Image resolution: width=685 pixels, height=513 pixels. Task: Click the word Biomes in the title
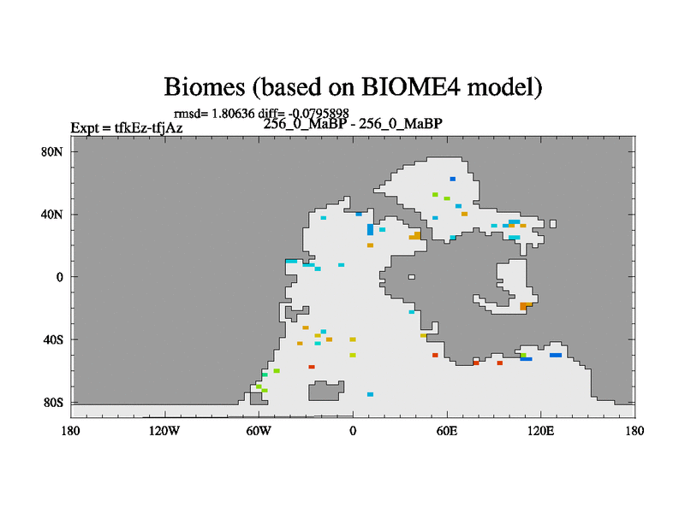coord(205,86)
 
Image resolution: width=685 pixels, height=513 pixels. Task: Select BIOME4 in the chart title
coord(411,86)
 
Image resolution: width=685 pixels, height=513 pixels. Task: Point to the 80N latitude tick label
coord(52,152)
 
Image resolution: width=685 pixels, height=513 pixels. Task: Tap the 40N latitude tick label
coord(52,215)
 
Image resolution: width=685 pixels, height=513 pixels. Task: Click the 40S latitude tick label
coord(53,339)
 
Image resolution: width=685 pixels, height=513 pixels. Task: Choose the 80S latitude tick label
coord(53,403)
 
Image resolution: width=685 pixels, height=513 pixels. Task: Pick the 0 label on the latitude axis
coord(59,277)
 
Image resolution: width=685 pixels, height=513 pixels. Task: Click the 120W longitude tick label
coord(164,432)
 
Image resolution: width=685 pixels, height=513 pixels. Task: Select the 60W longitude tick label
coord(259,432)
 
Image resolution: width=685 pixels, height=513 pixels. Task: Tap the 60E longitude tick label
coord(447,432)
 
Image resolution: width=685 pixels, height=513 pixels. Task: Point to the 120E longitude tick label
coord(541,432)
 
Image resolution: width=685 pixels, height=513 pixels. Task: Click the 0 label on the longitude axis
coord(353,432)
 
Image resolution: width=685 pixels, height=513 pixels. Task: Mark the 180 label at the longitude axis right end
coord(634,432)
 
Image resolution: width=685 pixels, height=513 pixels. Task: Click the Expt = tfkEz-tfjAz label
coord(127,128)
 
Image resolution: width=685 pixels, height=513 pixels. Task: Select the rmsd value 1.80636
coord(233,114)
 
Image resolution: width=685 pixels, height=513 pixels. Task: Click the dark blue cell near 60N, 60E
coord(453,179)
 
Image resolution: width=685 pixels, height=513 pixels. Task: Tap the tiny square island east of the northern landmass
coord(553,224)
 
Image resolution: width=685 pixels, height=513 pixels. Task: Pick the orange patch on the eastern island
coord(524,306)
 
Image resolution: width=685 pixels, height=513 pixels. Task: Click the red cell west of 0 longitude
coord(312,367)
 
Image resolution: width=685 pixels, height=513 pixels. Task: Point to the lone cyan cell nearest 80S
coord(371,394)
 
